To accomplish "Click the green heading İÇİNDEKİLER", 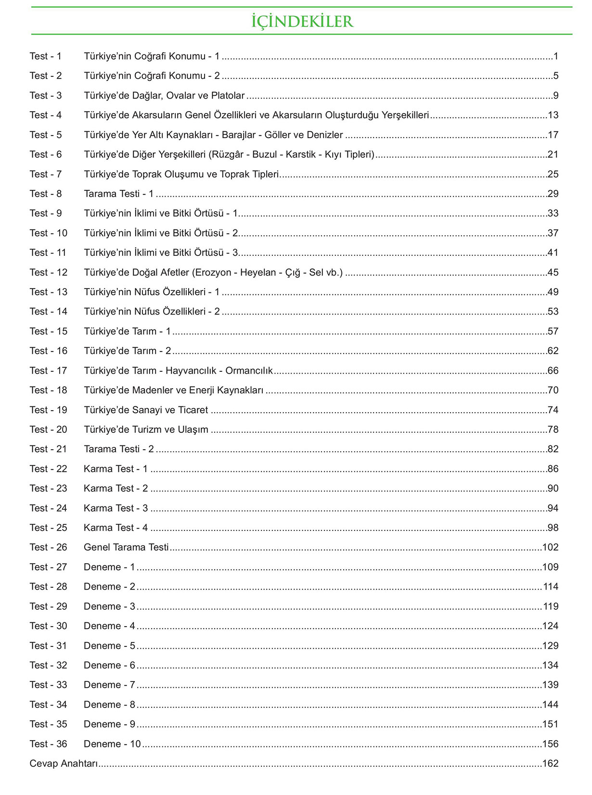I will [302, 21].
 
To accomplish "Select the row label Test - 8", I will [46, 194].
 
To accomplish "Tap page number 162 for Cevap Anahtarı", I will [550, 764].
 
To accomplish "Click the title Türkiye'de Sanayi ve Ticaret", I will [146, 410].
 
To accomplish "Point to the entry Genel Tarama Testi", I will [126, 547].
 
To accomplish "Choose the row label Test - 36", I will [48, 744].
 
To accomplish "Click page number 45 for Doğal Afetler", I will [553, 273].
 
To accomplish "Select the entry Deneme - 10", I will [112, 744].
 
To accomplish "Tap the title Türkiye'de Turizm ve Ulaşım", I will [146, 430].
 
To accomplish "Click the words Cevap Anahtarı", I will [64, 764].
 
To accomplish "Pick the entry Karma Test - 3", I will [116, 508].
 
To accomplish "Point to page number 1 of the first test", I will [556, 56].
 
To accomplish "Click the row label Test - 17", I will [48, 371].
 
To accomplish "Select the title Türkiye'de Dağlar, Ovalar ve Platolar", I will [164, 96].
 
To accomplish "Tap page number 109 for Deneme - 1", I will [550, 567].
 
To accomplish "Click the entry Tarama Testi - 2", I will [118, 449].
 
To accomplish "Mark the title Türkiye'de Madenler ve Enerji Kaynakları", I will [173, 391].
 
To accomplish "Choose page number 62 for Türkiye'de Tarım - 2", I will [553, 351].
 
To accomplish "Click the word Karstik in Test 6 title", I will [300, 154].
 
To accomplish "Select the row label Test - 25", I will [48, 528].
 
